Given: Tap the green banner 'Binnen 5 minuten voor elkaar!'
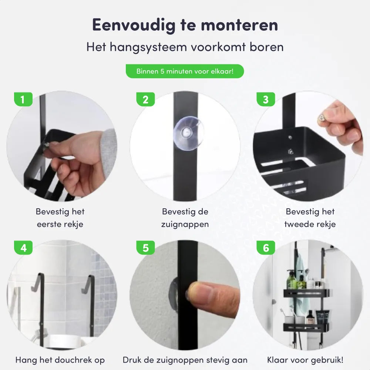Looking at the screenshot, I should pyautogui.click(x=185, y=71).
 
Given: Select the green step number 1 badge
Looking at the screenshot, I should pyautogui.click(x=23, y=100).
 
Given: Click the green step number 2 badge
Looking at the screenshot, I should pyautogui.click(x=145, y=100).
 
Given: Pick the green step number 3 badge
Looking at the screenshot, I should pyautogui.click(x=266, y=100).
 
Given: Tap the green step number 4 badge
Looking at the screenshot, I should pyautogui.click(x=23, y=248).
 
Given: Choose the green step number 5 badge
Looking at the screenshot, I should pyautogui.click(x=145, y=248).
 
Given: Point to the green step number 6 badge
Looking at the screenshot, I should pyautogui.click(x=266, y=248).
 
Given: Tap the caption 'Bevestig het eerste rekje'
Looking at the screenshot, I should pyautogui.click(x=60, y=218).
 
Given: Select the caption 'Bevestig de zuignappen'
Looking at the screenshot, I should pyautogui.click(x=185, y=218).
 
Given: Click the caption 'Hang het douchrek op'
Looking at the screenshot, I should pyautogui.click(x=60, y=360).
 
